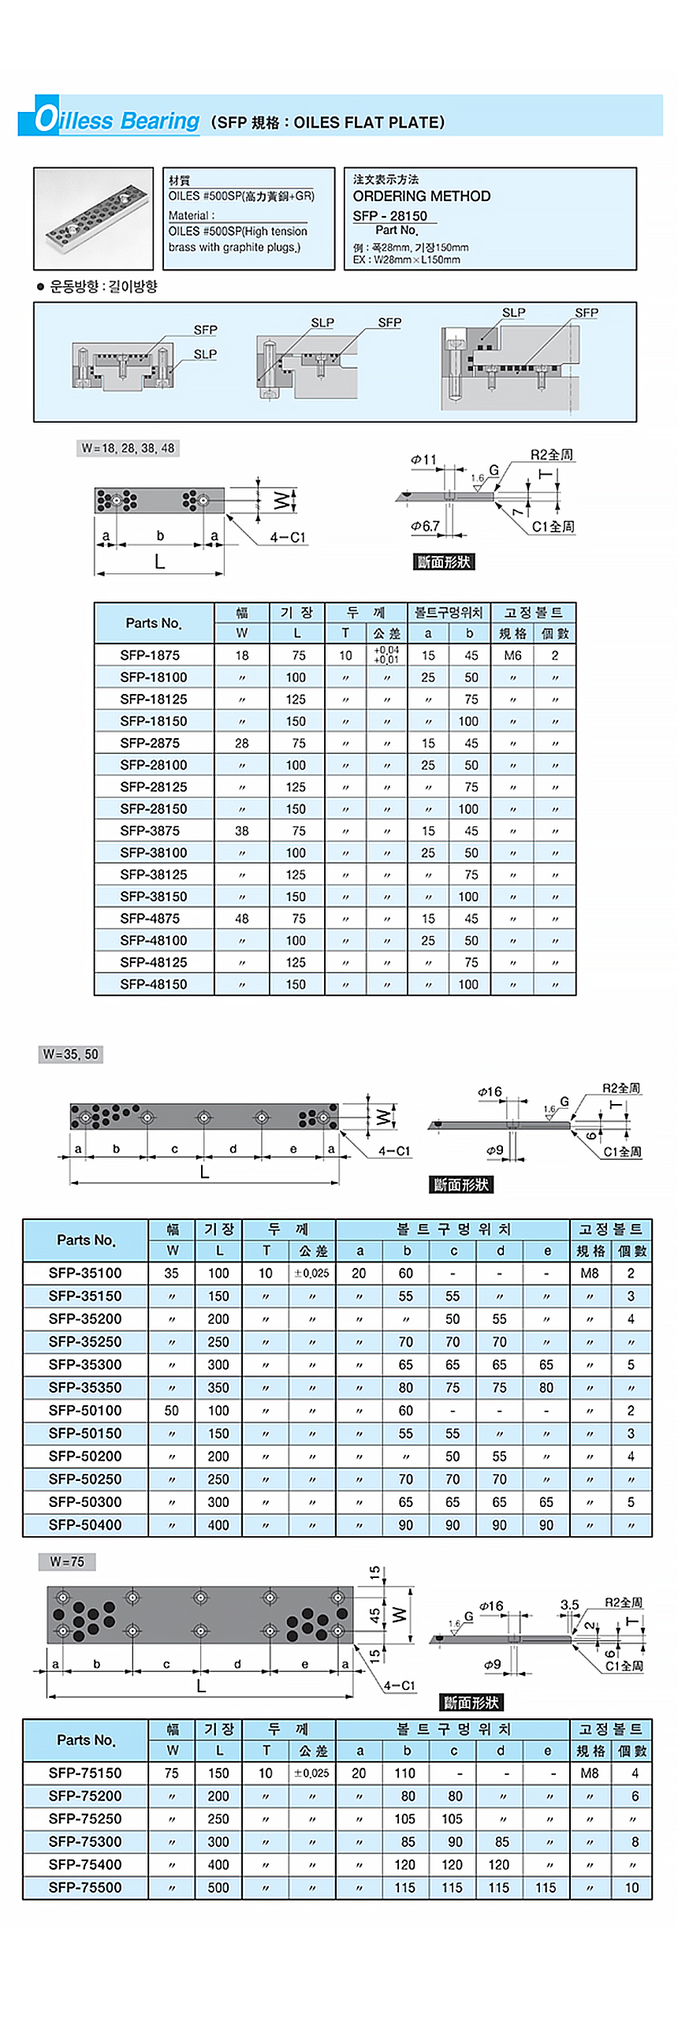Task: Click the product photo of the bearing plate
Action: click(x=93, y=218)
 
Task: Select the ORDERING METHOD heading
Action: click(x=421, y=196)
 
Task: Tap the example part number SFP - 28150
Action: click(x=389, y=216)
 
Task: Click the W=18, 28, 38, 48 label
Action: click(x=128, y=448)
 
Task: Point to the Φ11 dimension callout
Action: click(x=423, y=460)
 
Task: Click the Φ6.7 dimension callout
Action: click(x=425, y=526)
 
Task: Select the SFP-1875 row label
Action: click(x=150, y=655)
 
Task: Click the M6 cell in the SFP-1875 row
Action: click(x=512, y=655)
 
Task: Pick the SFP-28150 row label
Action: click(x=154, y=809)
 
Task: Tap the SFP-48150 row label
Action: click(x=154, y=984)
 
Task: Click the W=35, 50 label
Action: click(x=71, y=1054)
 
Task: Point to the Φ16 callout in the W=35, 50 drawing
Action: click(x=490, y=1092)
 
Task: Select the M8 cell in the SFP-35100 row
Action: click(x=590, y=1274)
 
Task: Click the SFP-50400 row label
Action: click(x=85, y=1525)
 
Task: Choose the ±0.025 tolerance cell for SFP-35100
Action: click(x=311, y=1274)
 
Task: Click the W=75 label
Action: click(x=67, y=1562)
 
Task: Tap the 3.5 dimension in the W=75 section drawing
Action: click(x=569, y=1605)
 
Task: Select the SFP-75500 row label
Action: click(x=85, y=1888)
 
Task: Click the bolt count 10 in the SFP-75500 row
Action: click(x=631, y=1888)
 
